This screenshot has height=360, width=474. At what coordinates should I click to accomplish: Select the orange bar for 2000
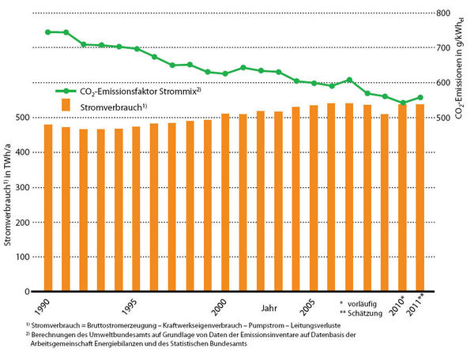tap(225, 202)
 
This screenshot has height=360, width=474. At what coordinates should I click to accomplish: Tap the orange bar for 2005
tap(314, 198)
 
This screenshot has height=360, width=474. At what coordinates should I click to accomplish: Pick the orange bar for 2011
tap(420, 197)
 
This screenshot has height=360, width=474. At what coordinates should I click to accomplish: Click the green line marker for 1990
tap(47, 32)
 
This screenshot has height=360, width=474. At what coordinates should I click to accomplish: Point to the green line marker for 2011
tap(420, 97)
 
